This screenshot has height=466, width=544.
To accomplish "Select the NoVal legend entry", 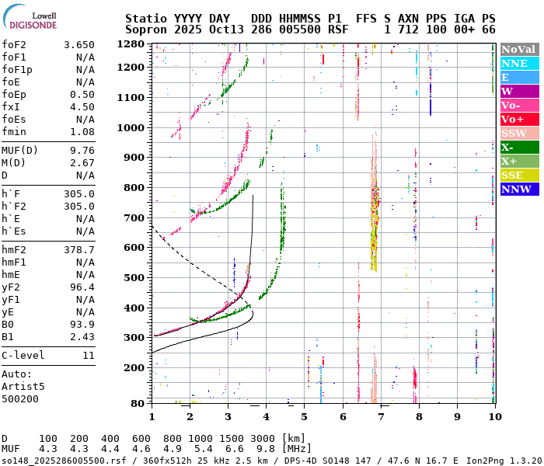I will point(518,49).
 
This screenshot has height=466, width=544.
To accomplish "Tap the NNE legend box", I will point(518,64).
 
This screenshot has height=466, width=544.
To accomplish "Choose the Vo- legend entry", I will point(518,106).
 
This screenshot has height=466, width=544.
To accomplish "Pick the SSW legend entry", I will point(518,134).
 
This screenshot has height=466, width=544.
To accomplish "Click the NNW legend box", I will point(518,190).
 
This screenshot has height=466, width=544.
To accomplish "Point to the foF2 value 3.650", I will point(80,45).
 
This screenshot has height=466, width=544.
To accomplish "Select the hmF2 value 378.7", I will point(80,250).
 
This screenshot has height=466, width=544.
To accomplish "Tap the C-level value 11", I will point(88,356).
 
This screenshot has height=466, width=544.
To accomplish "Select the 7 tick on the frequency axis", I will point(380,417).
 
